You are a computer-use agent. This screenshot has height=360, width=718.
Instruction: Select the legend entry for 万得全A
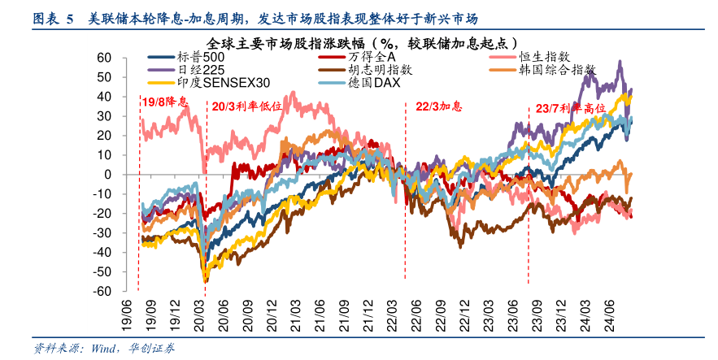point(371,58)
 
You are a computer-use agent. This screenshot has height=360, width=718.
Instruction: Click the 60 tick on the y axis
point(103,58)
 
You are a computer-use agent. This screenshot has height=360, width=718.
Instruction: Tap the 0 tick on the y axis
point(107,175)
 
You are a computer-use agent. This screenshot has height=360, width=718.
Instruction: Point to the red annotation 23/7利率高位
point(572,108)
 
